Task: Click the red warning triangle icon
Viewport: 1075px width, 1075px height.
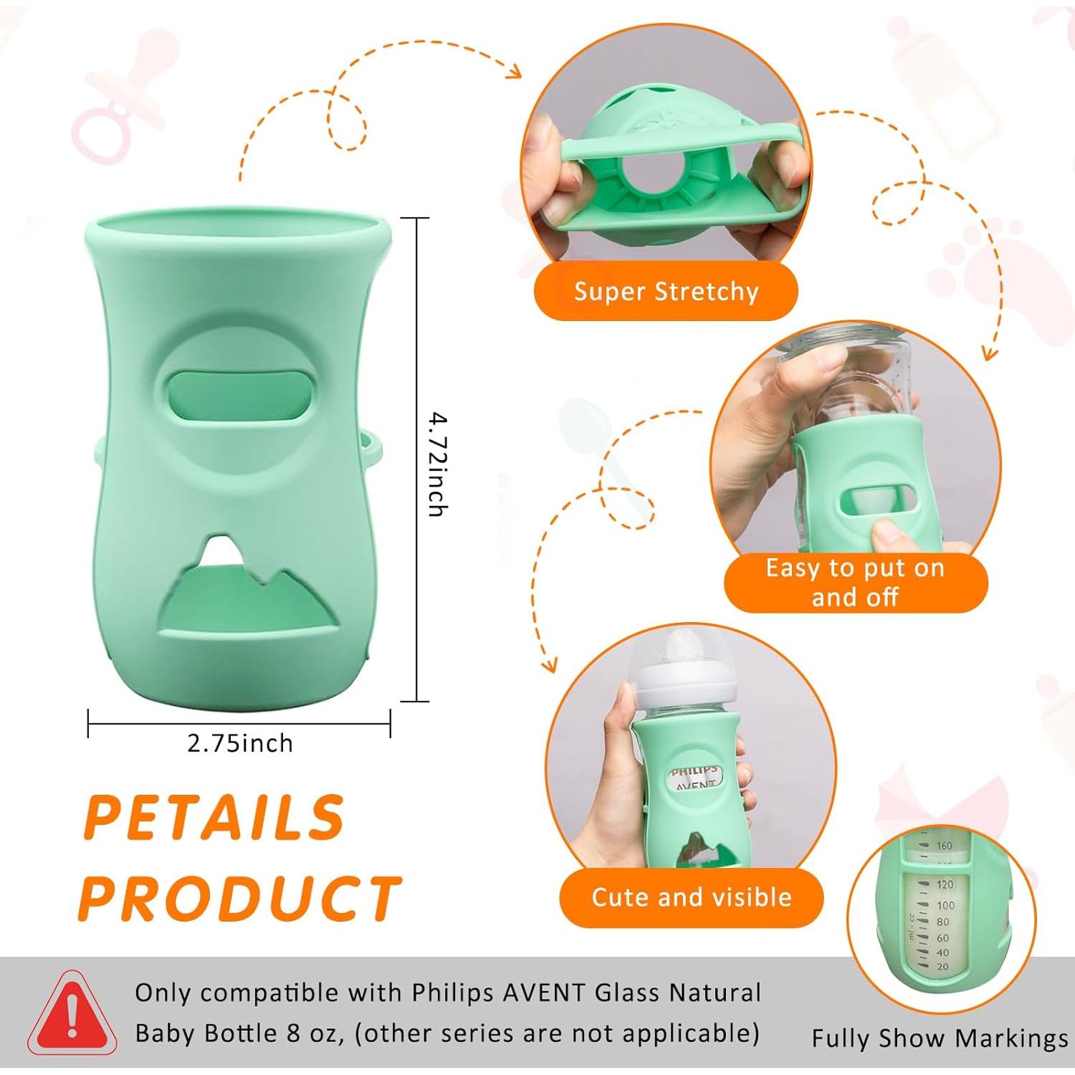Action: tap(72, 1013)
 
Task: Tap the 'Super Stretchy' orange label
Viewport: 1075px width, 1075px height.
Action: tap(666, 291)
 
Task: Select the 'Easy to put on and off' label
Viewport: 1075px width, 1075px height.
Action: tap(855, 582)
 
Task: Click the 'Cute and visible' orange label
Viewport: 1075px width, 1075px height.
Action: tap(691, 897)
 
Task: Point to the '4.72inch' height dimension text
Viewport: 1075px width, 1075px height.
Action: tap(436, 464)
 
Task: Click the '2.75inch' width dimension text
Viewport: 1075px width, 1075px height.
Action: tap(240, 743)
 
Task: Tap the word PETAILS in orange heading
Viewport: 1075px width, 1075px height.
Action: tap(214, 818)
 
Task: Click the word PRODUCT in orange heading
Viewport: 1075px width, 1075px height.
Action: tap(240, 898)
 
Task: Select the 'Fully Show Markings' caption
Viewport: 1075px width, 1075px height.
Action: tap(940, 1038)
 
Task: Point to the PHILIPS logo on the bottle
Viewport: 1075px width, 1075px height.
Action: tap(694, 771)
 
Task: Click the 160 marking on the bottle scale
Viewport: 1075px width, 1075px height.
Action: tap(944, 846)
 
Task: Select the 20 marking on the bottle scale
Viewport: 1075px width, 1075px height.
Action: tap(942, 967)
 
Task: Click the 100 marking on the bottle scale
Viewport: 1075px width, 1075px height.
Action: tap(945, 906)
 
